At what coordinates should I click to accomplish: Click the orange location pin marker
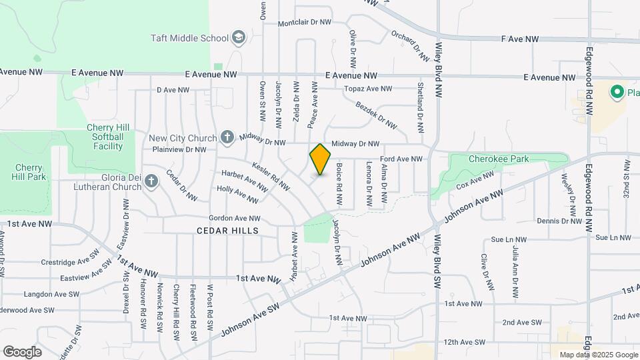point(320,159)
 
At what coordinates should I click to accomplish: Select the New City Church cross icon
point(227,138)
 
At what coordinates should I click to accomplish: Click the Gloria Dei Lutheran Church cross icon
point(151,181)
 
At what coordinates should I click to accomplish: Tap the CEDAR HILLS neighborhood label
point(227,230)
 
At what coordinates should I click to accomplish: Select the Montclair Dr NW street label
point(304,22)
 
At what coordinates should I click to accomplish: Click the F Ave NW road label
point(519,39)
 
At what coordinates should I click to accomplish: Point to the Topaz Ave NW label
point(368,89)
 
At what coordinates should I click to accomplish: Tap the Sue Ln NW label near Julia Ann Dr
point(509,239)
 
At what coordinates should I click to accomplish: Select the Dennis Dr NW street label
point(559,221)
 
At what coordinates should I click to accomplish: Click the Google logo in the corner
point(22,351)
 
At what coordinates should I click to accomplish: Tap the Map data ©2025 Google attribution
point(597,355)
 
